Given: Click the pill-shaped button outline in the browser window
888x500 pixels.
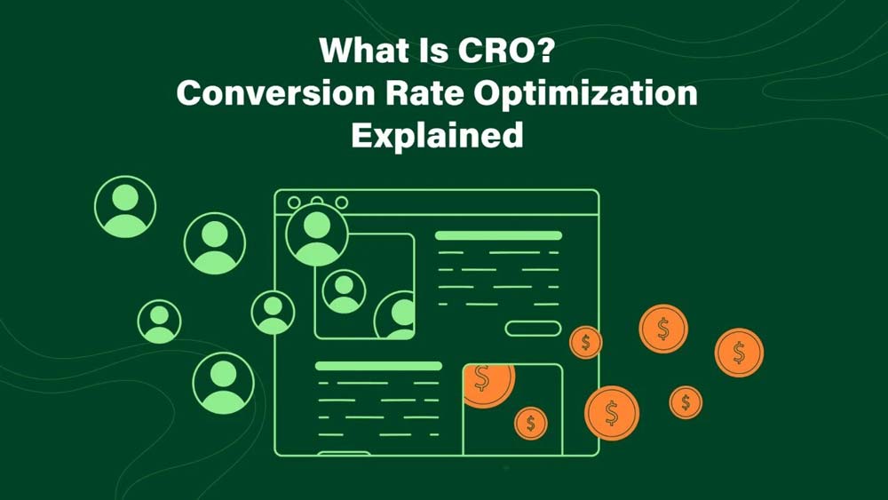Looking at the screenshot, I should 533,329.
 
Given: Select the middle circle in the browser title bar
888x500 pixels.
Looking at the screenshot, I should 318,202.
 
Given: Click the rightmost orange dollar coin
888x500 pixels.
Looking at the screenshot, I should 739,353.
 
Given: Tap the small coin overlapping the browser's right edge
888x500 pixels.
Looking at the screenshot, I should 585,342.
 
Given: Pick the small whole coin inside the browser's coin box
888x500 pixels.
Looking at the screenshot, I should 531,424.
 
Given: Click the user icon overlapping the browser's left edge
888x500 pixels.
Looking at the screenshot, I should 273,312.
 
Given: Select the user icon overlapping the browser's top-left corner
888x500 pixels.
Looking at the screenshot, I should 316,234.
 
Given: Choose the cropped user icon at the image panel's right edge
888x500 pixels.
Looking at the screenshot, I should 396,316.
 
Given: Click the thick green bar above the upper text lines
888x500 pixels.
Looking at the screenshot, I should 498,235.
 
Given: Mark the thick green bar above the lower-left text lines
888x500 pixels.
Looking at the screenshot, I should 378,365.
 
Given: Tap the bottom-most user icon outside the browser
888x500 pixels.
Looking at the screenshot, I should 223,383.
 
